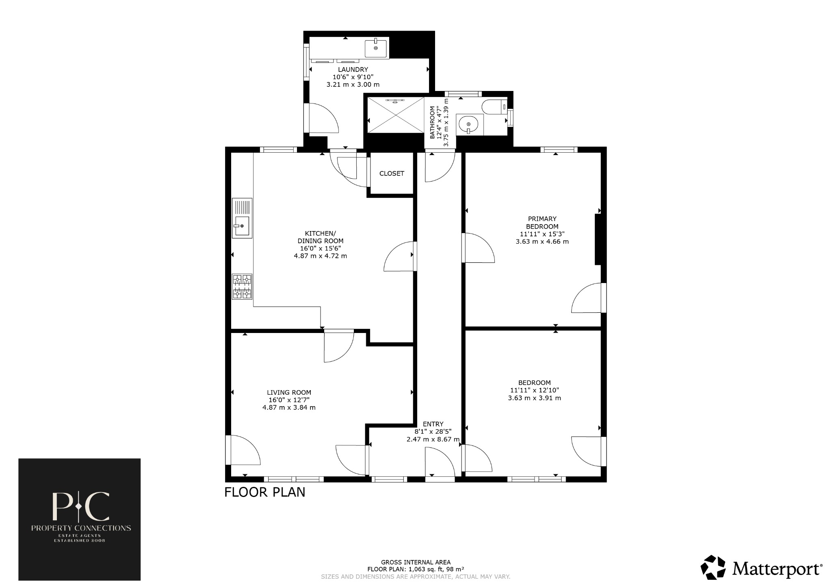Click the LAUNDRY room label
pyautogui.click(x=353, y=69)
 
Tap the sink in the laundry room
pyautogui.click(x=376, y=48)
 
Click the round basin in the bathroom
pyautogui.click(x=470, y=124)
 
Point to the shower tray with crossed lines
pyautogui.click(x=395, y=115)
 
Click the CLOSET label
pyautogui.click(x=392, y=173)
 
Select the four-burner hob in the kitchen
pyautogui.click(x=242, y=286)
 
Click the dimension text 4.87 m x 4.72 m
pyautogui.click(x=320, y=256)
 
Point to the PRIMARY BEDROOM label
pyautogui.click(x=542, y=223)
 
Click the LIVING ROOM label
pyautogui.click(x=289, y=392)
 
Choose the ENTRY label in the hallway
pyautogui.click(x=433, y=424)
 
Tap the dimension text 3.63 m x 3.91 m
pyautogui.click(x=534, y=398)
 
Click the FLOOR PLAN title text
pyautogui.click(x=264, y=492)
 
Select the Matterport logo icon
pyautogui.click(x=713, y=567)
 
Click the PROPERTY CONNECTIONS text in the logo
pyautogui.click(x=81, y=528)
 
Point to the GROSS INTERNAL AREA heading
pyautogui.click(x=416, y=562)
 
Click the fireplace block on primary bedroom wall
pyautogui.click(x=598, y=240)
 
